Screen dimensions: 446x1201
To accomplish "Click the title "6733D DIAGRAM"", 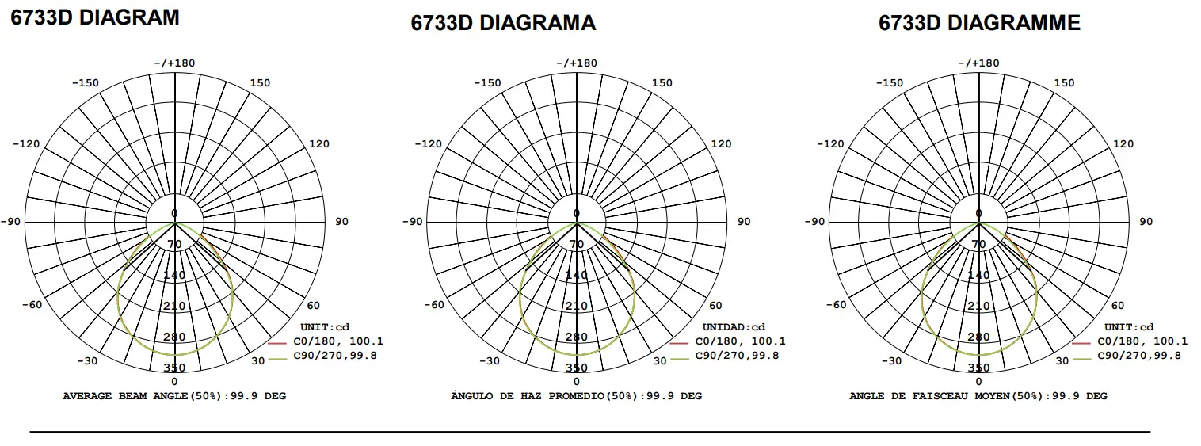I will (94, 17).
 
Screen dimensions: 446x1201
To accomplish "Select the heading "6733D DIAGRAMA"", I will (502, 23).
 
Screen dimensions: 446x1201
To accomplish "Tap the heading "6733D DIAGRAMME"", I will (979, 23).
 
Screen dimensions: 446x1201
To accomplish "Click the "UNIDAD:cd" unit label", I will (734, 327).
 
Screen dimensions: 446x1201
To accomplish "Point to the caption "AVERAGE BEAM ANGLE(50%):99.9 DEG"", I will (174, 395).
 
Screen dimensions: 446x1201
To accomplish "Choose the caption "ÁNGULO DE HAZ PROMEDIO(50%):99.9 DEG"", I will (576, 395).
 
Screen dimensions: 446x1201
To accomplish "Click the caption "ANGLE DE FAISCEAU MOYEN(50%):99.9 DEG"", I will (978, 395).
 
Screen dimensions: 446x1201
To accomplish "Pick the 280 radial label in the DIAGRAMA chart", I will (577, 337).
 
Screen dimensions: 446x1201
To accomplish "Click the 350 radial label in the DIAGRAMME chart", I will (978, 368).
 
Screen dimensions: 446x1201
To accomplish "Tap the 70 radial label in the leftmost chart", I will (175, 244).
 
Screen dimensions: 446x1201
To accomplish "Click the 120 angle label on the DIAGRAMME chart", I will (1123, 144).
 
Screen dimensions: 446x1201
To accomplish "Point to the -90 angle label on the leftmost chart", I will (10, 222).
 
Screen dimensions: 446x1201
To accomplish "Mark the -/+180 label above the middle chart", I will (576, 63).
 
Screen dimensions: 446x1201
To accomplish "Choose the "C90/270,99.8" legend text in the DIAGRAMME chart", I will (1139, 356).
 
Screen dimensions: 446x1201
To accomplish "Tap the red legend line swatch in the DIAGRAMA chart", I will (679, 343).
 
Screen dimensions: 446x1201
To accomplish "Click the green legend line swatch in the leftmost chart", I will (277, 357).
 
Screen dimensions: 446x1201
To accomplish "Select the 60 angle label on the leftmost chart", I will (314, 306).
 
